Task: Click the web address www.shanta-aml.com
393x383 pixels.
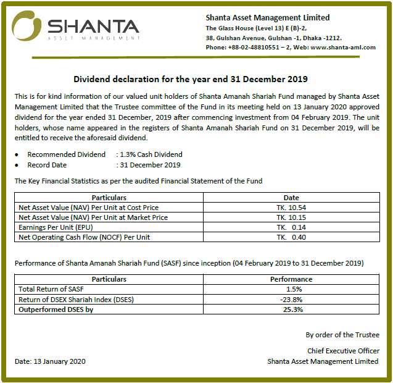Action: [343, 48]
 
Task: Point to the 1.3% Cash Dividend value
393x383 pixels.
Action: [151, 154]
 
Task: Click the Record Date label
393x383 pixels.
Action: [47, 165]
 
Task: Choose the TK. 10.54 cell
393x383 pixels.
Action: [291, 208]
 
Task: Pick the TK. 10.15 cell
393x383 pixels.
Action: [291, 217]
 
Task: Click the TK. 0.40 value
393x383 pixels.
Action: [291, 237]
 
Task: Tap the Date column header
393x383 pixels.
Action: [291, 198]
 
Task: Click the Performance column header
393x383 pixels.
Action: [291, 279]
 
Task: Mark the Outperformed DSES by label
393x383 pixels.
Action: [56, 309]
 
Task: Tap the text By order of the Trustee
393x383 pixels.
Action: [342, 335]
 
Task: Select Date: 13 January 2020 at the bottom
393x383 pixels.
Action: [50, 361]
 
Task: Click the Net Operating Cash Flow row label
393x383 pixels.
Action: [84, 237]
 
